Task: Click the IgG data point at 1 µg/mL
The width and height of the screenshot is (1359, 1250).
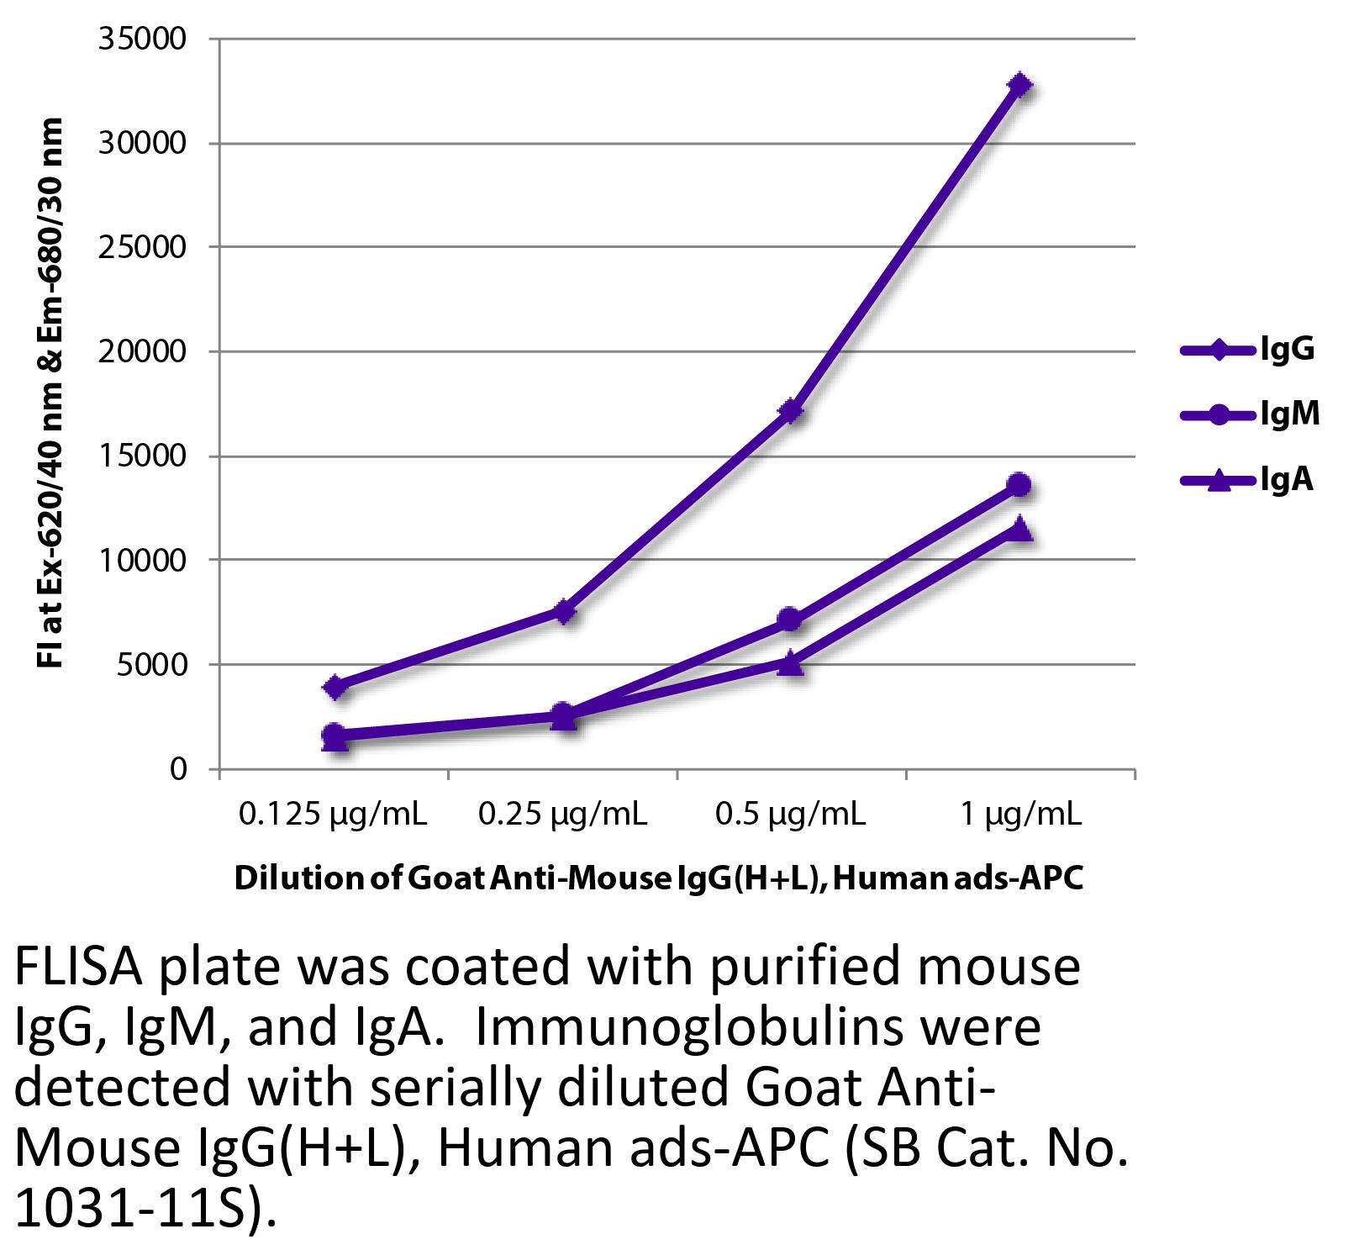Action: click(1019, 85)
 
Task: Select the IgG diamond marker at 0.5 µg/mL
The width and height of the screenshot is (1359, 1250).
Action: click(791, 410)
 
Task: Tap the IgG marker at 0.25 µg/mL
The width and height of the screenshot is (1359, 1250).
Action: click(563, 611)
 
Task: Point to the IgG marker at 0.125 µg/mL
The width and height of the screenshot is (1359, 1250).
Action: click(334, 687)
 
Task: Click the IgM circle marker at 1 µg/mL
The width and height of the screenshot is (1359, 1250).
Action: click(1019, 484)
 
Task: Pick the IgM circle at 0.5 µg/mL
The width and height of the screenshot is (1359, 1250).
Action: click(789, 620)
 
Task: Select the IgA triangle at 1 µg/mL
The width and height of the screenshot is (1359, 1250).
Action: click(1019, 529)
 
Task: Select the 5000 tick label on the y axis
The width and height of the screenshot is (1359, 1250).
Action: click(151, 665)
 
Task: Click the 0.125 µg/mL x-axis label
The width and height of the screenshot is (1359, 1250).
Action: click(334, 814)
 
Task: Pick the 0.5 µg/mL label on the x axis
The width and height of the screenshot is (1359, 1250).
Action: click(790, 814)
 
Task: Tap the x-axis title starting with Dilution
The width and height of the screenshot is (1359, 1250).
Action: click(658, 878)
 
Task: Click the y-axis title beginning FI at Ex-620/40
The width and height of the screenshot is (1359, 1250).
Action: click(50, 393)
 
